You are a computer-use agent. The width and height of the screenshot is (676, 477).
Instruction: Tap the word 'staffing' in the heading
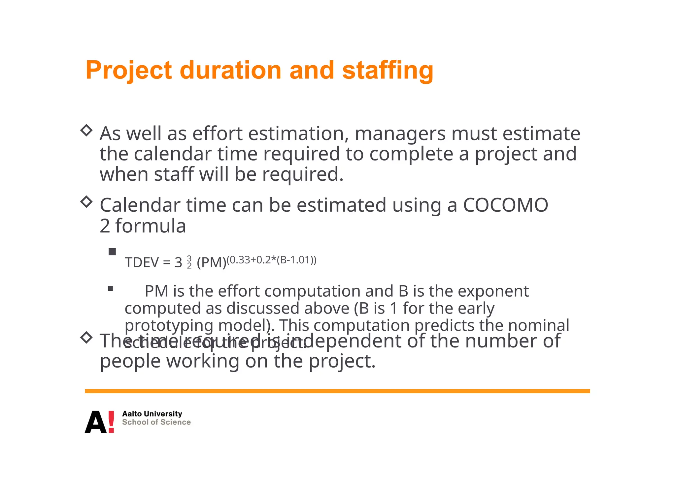coord(388,71)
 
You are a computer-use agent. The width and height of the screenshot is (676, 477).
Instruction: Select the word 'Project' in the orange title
coord(128,71)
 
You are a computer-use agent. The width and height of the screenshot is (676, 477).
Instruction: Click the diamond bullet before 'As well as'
coord(86,130)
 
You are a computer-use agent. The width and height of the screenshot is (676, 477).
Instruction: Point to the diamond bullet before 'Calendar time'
coord(86,202)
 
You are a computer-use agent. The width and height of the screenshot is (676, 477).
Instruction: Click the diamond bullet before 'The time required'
coord(86,337)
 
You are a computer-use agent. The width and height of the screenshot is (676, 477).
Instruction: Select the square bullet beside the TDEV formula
coord(112,252)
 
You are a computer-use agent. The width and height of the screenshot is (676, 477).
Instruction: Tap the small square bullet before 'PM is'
coord(111,289)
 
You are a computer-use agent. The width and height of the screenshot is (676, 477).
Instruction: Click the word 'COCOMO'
coord(505,205)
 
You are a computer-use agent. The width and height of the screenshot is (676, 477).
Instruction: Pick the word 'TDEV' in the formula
coord(142,263)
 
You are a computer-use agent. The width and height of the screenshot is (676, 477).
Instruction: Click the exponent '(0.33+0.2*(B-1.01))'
coord(271,260)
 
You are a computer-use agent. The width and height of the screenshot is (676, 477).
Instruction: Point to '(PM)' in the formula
coord(211,263)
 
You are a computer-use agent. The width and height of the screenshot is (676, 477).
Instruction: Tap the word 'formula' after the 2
coord(150,226)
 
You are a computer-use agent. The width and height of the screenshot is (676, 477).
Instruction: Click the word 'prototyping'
coord(169,325)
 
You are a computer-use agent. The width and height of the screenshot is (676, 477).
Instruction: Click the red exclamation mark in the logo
coord(111,422)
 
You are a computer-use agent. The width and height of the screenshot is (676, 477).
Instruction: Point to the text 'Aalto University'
coord(152,414)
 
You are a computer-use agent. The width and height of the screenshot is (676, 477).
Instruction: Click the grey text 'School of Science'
coord(156,422)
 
